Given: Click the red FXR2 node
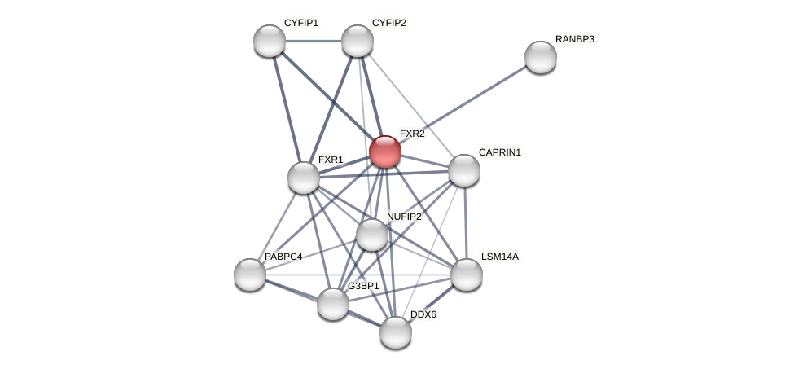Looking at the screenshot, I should (x=385, y=152).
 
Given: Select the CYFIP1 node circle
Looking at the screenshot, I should (x=270, y=41).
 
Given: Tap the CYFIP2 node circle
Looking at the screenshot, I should (x=358, y=41).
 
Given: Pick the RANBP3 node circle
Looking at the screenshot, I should (x=541, y=57).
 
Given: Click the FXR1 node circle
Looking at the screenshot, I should (x=304, y=178).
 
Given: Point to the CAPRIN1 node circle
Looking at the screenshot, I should (x=464, y=170).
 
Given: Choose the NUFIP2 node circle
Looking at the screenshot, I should (x=372, y=235).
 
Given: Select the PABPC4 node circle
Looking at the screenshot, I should (x=250, y=275).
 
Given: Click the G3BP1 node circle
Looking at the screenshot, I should (x=333, y=304).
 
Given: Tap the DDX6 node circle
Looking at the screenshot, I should (x=396, y=332).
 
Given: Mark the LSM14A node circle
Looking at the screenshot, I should (x=467, y=275).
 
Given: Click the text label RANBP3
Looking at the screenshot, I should (x=575, y=39).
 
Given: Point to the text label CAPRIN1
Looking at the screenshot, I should (x=499, y=152).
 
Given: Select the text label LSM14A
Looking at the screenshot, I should (x=499, y=257).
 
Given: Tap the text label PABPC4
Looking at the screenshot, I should (x=283, y=257).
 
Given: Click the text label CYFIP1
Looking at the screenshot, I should (x=301, y=23).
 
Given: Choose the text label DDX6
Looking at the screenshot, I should (x=423, y=314).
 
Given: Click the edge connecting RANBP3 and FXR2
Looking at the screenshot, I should (x=463, y=104).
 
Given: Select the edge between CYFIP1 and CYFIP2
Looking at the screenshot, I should (x=314, y=41).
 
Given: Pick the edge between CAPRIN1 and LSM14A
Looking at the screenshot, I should (x=465, y=222).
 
